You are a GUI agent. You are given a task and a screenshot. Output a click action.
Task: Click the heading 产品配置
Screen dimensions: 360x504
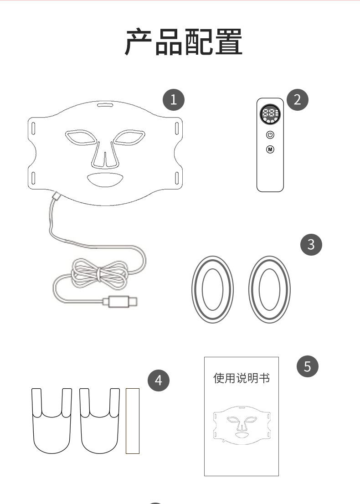tap(184, 42)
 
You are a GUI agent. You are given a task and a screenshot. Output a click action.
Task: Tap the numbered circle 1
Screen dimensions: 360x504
tap(174, 99)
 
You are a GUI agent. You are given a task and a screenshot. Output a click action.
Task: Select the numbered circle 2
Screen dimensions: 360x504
tap(297, 100)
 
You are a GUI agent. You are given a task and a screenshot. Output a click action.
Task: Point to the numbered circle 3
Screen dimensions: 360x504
tap(311, 245)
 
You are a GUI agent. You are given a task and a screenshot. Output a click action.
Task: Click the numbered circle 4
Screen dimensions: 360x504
tap(159, 380)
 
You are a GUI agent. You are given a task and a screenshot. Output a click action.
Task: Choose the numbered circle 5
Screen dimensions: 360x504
tap(307, 366)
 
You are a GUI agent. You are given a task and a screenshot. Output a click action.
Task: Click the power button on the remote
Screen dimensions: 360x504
tap(270, 135)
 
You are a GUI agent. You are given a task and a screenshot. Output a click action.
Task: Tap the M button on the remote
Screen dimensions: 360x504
tap(270, 149)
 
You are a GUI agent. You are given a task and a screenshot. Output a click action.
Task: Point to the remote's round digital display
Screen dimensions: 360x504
tap(270, 114)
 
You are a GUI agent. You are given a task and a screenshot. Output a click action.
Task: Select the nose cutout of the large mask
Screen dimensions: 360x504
tap(105, 155)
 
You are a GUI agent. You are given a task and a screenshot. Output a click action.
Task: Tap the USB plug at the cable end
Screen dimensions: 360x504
tap(121, 302)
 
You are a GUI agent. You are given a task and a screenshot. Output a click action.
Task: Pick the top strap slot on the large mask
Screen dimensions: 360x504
tap(105, 105)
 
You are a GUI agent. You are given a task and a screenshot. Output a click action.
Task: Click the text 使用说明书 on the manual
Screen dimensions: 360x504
tap(242, 378)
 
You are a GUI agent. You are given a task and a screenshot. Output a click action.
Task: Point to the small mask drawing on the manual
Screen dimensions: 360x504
tap(242, 425)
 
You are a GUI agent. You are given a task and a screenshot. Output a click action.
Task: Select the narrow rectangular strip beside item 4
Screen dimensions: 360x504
tap(133, 421)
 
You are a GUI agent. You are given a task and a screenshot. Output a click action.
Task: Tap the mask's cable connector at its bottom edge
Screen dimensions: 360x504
tap(57, 196)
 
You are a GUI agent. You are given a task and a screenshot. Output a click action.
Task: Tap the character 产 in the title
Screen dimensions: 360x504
tap(138, 42)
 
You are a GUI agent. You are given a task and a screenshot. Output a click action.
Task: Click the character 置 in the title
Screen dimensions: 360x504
tap(229, 42)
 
